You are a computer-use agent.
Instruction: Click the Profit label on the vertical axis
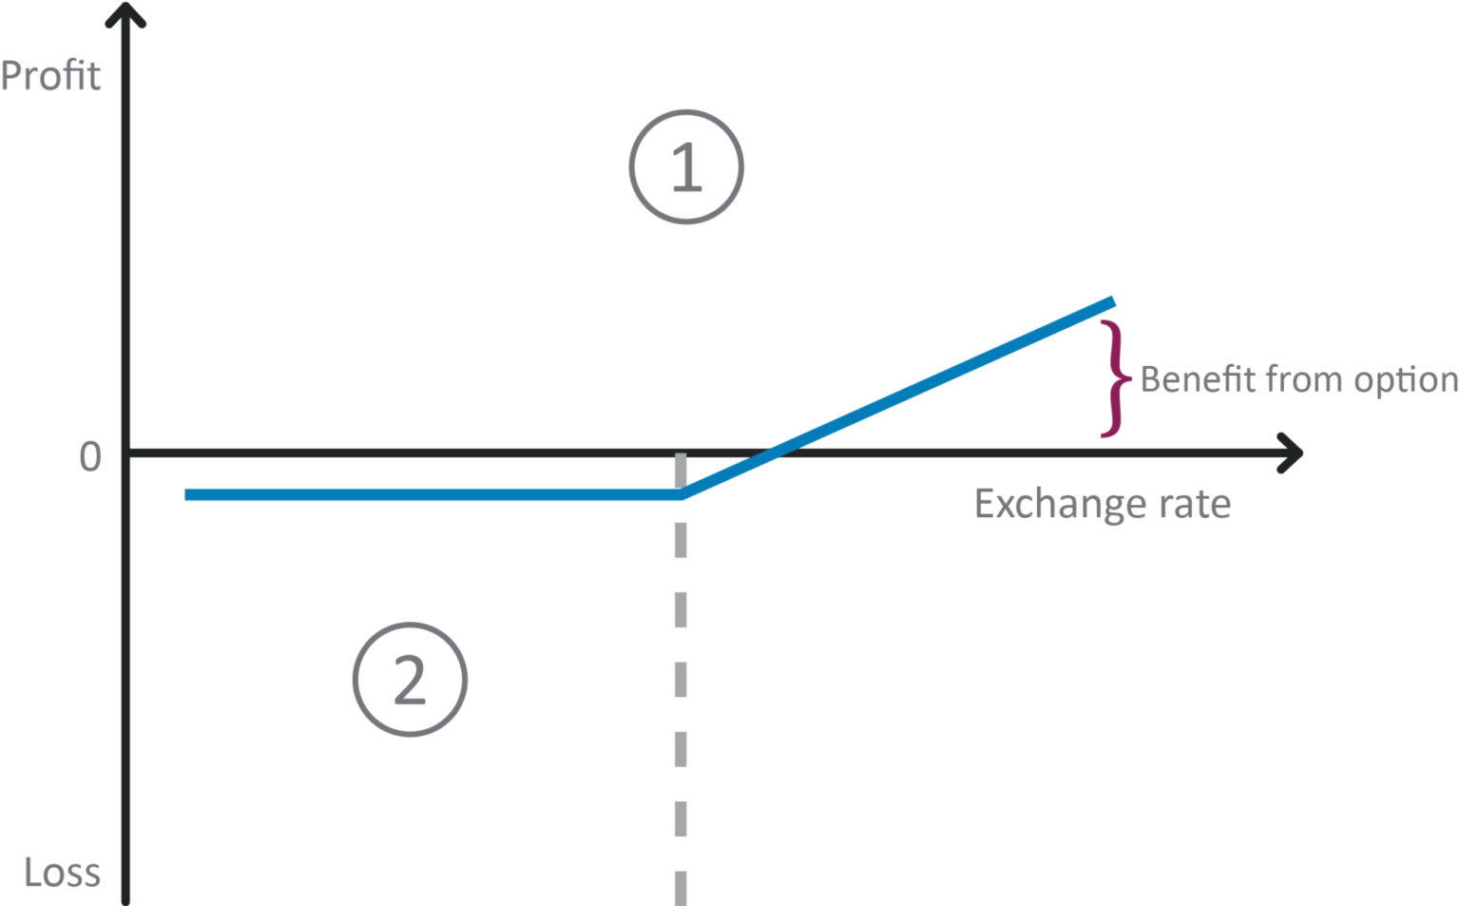click(x=50, y=76)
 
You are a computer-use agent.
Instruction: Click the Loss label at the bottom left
click(x=62, y=873)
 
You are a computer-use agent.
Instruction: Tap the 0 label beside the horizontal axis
click(x=90, y=457)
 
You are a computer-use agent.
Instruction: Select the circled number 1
click(x=685, y=167)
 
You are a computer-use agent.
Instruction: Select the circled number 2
click(x=410, y=680)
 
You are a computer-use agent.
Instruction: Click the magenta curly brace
click(x=1114, y=379)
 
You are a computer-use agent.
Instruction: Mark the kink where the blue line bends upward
click(x=682, y=494)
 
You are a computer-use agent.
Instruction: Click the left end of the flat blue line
click(x=188, y=494)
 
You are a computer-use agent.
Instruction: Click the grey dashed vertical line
click(x=681, y=684)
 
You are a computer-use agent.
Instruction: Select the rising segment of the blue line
click(x=912, y=391)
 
